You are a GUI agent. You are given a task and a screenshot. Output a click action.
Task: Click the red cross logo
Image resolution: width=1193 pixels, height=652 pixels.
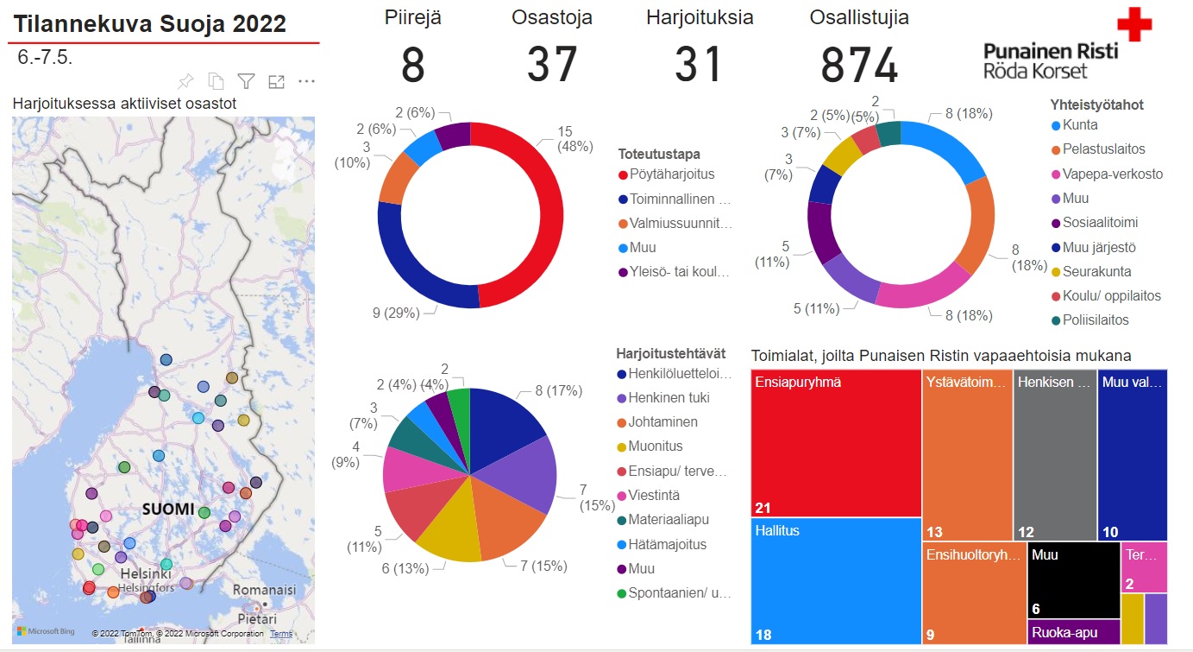(x=1133, y=24)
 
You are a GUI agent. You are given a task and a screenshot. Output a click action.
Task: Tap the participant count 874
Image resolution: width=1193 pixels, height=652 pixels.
(x=858, y=65)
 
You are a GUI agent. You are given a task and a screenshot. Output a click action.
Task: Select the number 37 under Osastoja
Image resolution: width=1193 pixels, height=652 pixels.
(x=551, y=65)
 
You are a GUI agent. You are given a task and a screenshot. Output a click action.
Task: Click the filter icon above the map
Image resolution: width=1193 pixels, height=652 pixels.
(x=246, y=81)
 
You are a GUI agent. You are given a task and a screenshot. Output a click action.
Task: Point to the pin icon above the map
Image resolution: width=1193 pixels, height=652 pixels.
(x=185, y=81)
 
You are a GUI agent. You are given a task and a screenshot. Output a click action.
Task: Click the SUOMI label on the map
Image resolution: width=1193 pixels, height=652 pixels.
(x=167, y=509)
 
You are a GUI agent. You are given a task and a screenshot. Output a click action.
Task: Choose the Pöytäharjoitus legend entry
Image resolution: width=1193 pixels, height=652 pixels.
(x=671, y=174)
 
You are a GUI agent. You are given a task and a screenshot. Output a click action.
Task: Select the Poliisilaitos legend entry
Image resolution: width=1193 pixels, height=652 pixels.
(x=1095, y=320)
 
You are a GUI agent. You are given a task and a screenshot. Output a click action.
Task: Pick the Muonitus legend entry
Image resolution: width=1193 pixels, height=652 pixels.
(x=655, y=446)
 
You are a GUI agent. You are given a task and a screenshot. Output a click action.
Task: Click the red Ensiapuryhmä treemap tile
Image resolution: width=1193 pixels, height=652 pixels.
(x=836, y=442)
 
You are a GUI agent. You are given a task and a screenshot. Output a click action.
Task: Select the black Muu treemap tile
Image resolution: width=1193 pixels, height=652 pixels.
(x=1073, y=580)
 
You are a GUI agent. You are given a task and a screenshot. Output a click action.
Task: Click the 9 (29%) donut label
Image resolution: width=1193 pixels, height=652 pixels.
(x=396, y=313)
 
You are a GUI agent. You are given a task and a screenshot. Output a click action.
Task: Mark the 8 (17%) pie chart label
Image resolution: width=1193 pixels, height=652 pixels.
(x=558, y=390)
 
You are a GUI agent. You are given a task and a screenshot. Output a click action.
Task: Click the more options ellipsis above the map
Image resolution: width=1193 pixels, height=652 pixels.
(x=306, y=81)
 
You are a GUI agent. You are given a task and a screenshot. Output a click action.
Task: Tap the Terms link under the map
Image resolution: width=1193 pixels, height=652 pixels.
(x=281, y=634)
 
